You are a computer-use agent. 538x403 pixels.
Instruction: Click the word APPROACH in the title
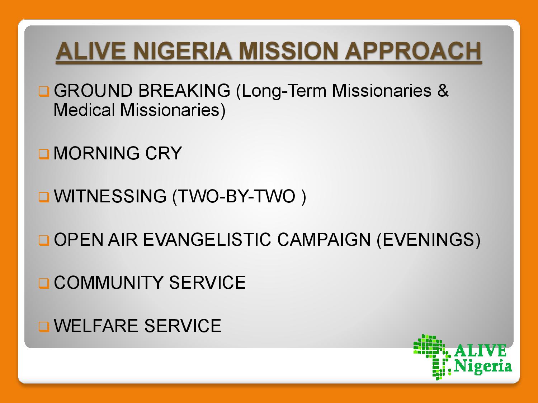coord(413,51)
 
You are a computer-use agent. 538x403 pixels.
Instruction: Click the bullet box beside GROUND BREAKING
coord(44,91)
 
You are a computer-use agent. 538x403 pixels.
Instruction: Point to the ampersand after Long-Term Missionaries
coord(443,91)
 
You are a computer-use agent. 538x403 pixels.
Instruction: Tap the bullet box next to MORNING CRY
coord(44,154)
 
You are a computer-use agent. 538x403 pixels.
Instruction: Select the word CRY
coord(164,153)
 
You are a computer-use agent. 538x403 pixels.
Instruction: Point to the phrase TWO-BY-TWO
coord(237,196)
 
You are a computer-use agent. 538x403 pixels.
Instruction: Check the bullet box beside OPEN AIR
coord(44,240)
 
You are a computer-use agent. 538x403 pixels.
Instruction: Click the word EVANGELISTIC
coord(207,239)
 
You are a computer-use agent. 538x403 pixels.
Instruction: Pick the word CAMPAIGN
coord(324,239)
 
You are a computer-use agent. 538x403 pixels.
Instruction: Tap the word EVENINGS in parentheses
coord(427,239)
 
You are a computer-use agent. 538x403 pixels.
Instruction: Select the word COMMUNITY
coord(109,282)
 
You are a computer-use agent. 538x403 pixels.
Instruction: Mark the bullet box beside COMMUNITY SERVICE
coord(44,283)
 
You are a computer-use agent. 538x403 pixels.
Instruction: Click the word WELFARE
coord(96,326)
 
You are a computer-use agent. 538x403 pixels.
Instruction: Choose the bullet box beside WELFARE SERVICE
coord(44,326)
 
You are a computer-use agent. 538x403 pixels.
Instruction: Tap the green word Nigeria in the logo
coord(483,367)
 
